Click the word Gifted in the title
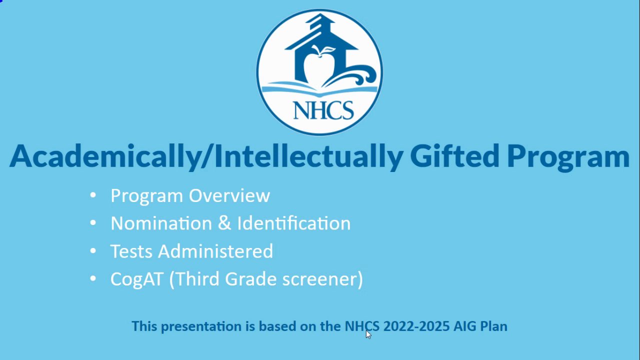(454, 156)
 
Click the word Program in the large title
(568, 158)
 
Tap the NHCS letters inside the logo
(323, 110)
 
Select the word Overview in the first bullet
(229, 195)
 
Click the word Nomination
(161, 223)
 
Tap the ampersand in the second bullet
(224, 223)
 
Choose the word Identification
(294, 223)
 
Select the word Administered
(215, 251)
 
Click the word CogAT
(137, 279)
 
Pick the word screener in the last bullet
(319, 279)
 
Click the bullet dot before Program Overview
(93, 195)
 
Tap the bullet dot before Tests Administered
(93, 251)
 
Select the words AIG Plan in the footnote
(480, 326)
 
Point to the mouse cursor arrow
(368, 334)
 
